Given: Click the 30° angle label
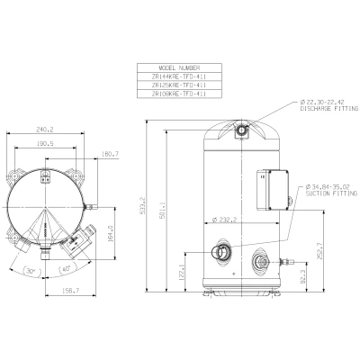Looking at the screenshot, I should pos(30,269).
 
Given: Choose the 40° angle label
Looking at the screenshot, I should pos(67,269).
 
